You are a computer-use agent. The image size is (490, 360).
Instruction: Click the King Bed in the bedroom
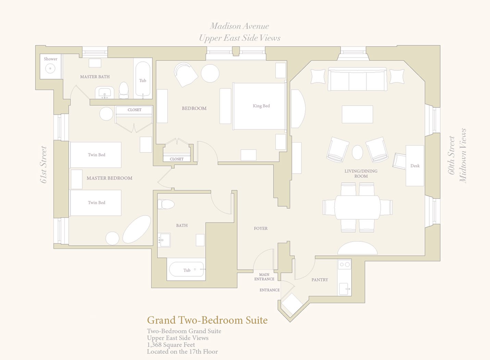click(259, 106)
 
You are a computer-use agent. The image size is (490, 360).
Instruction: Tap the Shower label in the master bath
click(50, 59)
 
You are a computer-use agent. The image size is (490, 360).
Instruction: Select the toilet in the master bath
click(124, 90)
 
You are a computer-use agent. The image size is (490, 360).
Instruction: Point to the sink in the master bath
click(105, 93)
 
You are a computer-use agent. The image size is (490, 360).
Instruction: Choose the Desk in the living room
click(415, 166)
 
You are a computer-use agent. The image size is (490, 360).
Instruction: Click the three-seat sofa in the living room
click(357, 79)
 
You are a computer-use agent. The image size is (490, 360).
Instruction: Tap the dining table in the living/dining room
click(357, 207)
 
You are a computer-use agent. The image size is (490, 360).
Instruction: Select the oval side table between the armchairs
click(357, 152)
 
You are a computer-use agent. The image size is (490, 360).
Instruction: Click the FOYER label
click(260, 228)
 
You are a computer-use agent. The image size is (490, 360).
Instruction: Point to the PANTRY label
click(320, 280)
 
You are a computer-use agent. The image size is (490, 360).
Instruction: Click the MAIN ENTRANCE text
click(264, 277)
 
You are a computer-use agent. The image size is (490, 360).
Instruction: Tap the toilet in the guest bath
click(166, 204)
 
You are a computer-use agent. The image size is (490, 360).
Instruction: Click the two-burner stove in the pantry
click(344, 264)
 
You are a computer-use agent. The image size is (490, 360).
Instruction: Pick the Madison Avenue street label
click(239, 26)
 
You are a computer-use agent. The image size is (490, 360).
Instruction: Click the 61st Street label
click(44, 165)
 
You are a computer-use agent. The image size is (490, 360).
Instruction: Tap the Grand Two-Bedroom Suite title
click(207, 320)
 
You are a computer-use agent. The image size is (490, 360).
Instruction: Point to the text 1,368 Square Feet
click(171, 345)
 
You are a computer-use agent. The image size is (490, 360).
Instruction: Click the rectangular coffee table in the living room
click(357, 115)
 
